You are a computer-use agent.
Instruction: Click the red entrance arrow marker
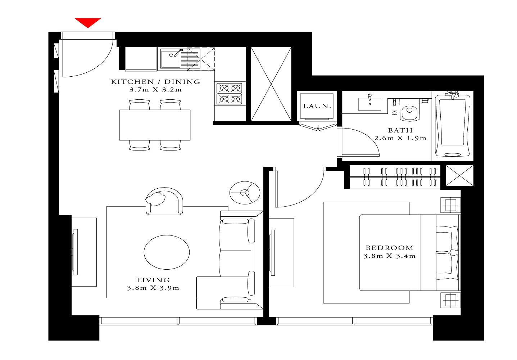pyautogui.click(x=87, y=23)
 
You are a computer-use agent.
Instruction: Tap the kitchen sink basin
pyautogui.click(x=171, y=59)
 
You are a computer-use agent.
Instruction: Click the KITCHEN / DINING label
pyautogui.click(x=155, y=82)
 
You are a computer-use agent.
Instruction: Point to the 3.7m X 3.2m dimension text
pyautogui.click(x=155, y=90)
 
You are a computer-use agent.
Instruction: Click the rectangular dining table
pyautogui.click(x=155, y=125)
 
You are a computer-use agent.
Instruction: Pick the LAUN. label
pyautogui.click(x=317, y=106)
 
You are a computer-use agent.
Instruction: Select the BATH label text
pyautogui.click(x=400, y=130)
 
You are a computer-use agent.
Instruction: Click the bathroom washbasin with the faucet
pyautogui.click(x=369, y=104)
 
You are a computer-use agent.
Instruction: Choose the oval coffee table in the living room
pyautogui.click(x=167, y=252)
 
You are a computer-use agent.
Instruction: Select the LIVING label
pyautogui.click(x=153, y=280)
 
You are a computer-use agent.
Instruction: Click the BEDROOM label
pyautogui.click(x=389, y=248)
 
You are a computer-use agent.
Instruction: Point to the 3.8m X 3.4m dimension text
pyautogui.click(x=389, y=256)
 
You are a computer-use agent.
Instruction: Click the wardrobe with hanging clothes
pyautogui.click(x=395, y=177)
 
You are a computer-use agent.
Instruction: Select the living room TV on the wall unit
pyautogui.click(x=75, y=252)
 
